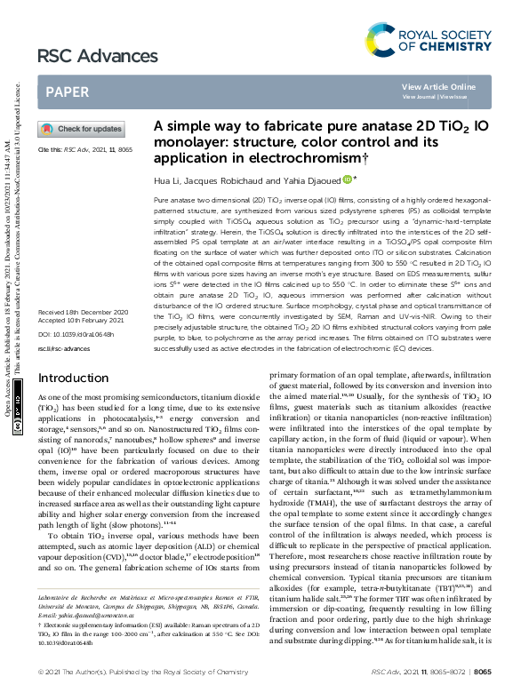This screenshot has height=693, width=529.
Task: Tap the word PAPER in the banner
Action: (x=67, y=92)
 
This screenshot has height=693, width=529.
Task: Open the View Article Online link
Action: (x=438, y=86)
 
